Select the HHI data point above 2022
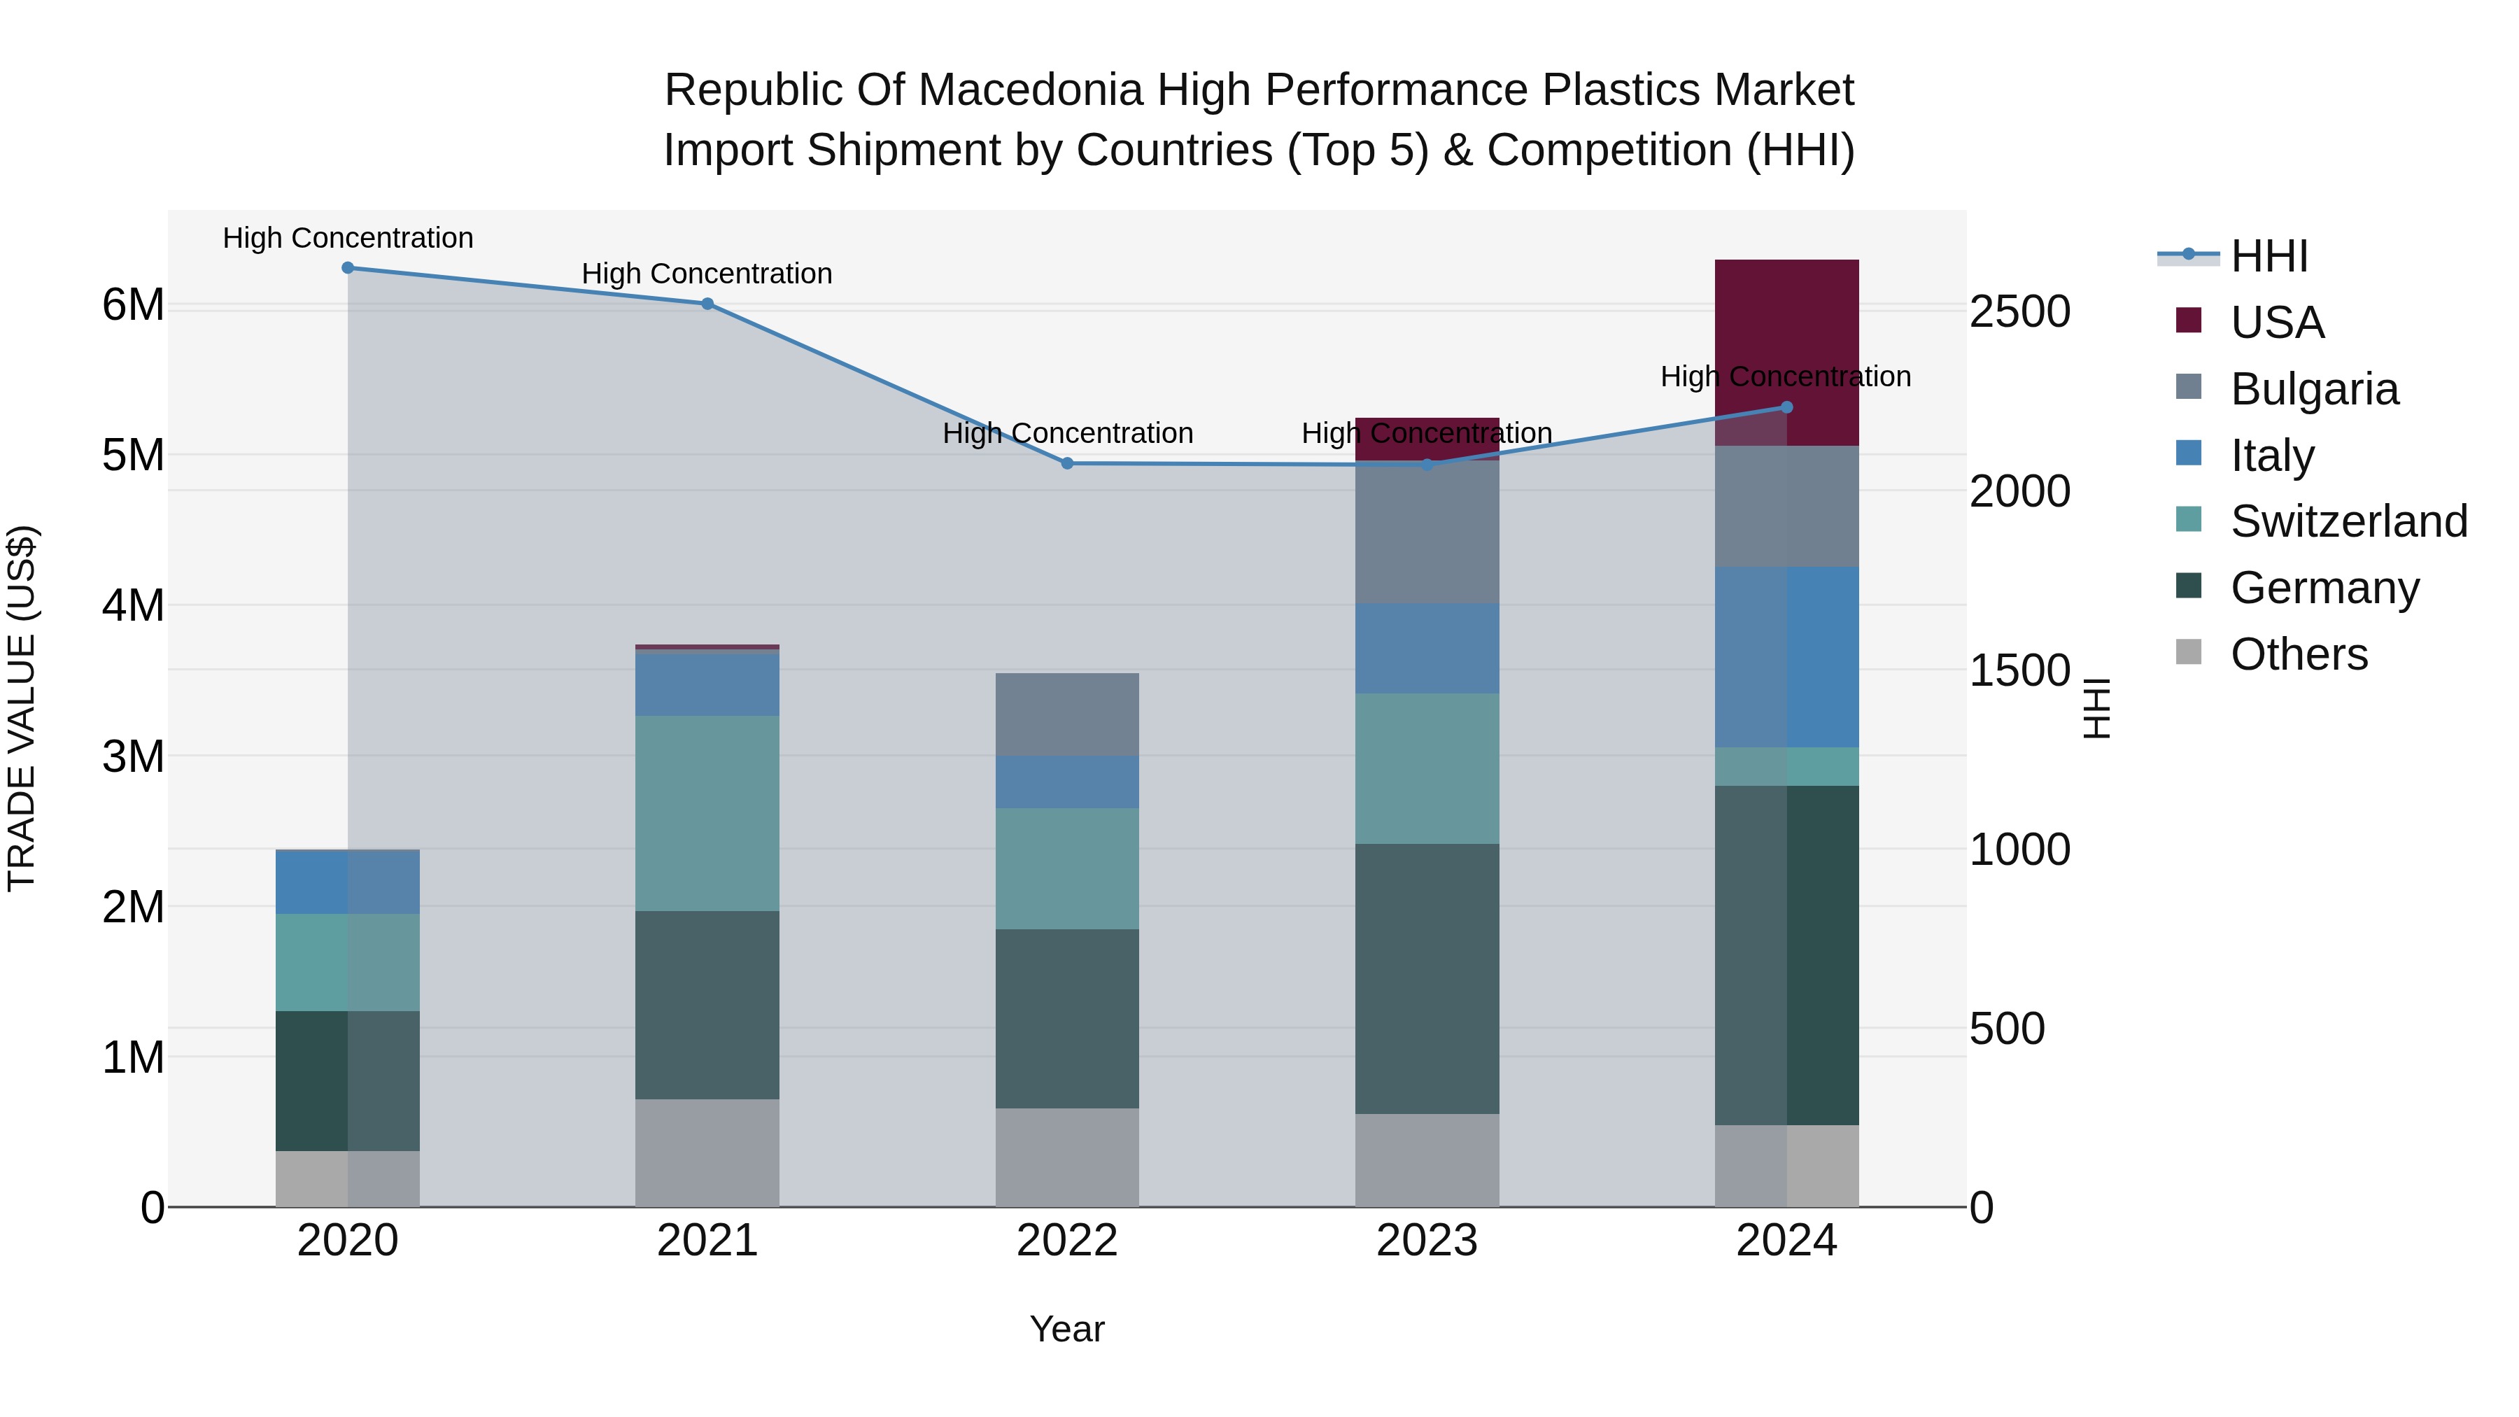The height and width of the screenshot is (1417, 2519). [x=1067, y=463]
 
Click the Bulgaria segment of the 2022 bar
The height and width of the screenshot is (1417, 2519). [x=1067, y=714]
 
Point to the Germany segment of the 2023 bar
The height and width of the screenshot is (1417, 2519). [x=1427, y=978]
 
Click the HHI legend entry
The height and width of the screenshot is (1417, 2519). [x=2268, y=256]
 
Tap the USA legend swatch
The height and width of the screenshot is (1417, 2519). [x=2189, y=320]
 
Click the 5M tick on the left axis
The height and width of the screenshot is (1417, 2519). [x=133, y=455]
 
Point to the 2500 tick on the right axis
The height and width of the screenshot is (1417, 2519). [x=2019, y=312]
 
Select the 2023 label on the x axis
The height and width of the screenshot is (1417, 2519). [x=1427, y=1241]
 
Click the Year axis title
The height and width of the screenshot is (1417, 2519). [x=1067, y=1329]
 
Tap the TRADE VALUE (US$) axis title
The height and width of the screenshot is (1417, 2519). [x=22, y=708]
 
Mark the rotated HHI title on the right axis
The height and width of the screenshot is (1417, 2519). [x=2096, y=708]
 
